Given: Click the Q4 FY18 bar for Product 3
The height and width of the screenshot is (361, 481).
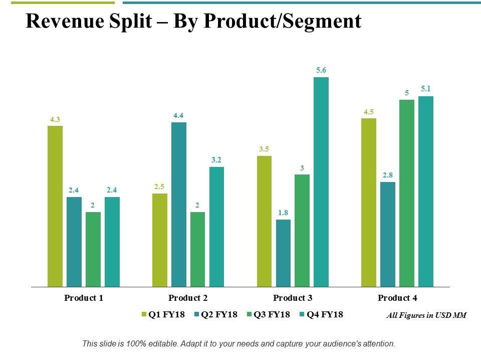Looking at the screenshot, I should (x=321, y=182).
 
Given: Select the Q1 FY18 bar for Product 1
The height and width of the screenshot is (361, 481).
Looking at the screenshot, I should (x=55, y=206).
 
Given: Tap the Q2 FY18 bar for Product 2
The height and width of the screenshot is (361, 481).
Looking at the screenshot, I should (x=179, y=205).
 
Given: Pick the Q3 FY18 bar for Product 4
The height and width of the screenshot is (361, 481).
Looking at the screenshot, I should (x=407, y=193).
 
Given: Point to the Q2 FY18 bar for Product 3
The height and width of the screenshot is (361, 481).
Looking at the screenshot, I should (x=283, y=253).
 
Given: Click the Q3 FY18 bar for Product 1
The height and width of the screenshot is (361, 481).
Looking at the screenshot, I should (x=93, y=249).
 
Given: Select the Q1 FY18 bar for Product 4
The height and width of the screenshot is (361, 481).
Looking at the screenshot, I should (x=369, y=203).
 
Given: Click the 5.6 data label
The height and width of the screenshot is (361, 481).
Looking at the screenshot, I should (x=321, y=71).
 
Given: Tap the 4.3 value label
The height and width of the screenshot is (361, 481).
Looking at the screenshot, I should (x=55, y=119).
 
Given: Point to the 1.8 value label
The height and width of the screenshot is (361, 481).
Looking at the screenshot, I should (x=283, y=213).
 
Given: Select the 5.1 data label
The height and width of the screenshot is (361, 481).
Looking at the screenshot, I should (x=426, y=89).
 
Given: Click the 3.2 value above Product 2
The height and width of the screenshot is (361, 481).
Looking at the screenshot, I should (x=216, y=160).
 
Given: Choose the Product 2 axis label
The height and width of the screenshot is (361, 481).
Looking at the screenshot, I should (x=188, y=298).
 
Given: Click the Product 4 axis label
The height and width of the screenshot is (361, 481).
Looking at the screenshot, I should (x=397, y=298).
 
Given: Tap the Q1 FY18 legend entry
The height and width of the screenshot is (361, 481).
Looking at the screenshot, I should (x=163, y=314).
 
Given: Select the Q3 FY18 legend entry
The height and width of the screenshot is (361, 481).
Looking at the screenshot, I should (x=269, y=314).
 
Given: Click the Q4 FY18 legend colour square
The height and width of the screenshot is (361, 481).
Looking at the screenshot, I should (x=302, y=315).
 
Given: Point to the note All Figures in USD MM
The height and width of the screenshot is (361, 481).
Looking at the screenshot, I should (x=426, y=315).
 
